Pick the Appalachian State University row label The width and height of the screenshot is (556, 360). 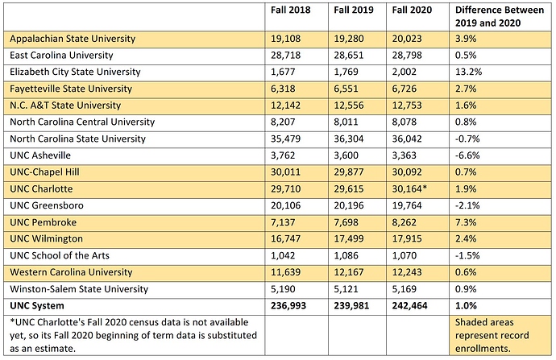point(73,39)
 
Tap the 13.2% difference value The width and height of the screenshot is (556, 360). point(470,72)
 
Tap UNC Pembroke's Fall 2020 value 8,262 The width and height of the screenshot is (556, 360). point(407,221)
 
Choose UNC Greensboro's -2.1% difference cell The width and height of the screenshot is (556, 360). point(468,205)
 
